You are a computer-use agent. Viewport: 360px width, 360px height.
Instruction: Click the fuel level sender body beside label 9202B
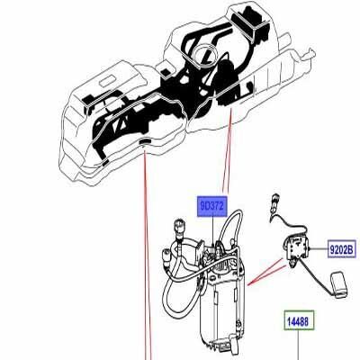[295, 246]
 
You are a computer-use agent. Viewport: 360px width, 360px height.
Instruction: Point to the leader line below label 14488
[298, 346]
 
